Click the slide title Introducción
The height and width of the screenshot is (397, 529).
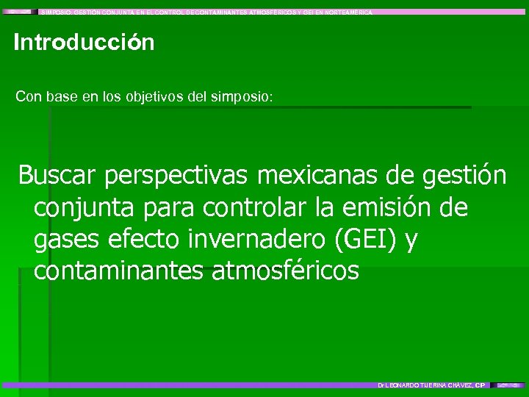pos(84,43)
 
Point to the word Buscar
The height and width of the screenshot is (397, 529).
pos(58,176)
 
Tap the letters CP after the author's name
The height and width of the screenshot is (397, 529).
pos(481,385)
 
